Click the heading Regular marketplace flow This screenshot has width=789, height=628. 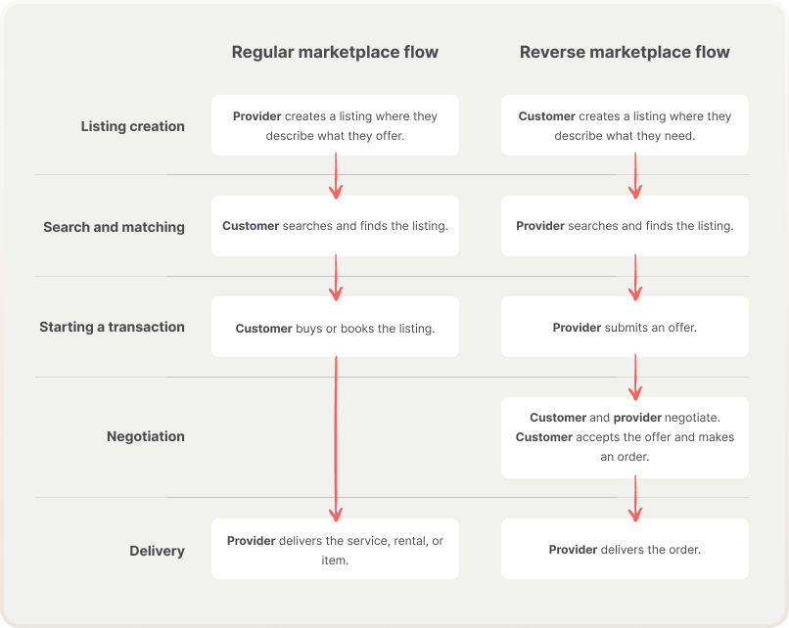[335, 52]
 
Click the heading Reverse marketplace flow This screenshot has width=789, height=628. [625, 52]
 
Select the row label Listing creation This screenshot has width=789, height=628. [132, 126]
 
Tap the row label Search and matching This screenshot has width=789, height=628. [114, 227]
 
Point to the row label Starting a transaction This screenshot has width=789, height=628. [112, 327]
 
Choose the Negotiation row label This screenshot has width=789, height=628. [146, 436]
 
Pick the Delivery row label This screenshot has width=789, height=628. [157, 551]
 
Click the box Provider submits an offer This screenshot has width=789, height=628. [625, 328]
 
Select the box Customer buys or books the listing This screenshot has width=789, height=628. [335, 328]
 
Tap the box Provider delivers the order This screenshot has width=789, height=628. [625, 550]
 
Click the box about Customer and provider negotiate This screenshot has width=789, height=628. [625, 437]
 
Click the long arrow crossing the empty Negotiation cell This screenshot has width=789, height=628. [336, 436]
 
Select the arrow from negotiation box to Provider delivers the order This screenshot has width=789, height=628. [635, 497]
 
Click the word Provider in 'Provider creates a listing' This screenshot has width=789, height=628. [256, 116]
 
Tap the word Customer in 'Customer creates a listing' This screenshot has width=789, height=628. [546, 116]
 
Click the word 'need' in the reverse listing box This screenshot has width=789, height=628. [676, 136]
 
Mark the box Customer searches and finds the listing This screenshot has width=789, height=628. [335, 226]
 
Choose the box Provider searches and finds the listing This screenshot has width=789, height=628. [625, 226]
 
